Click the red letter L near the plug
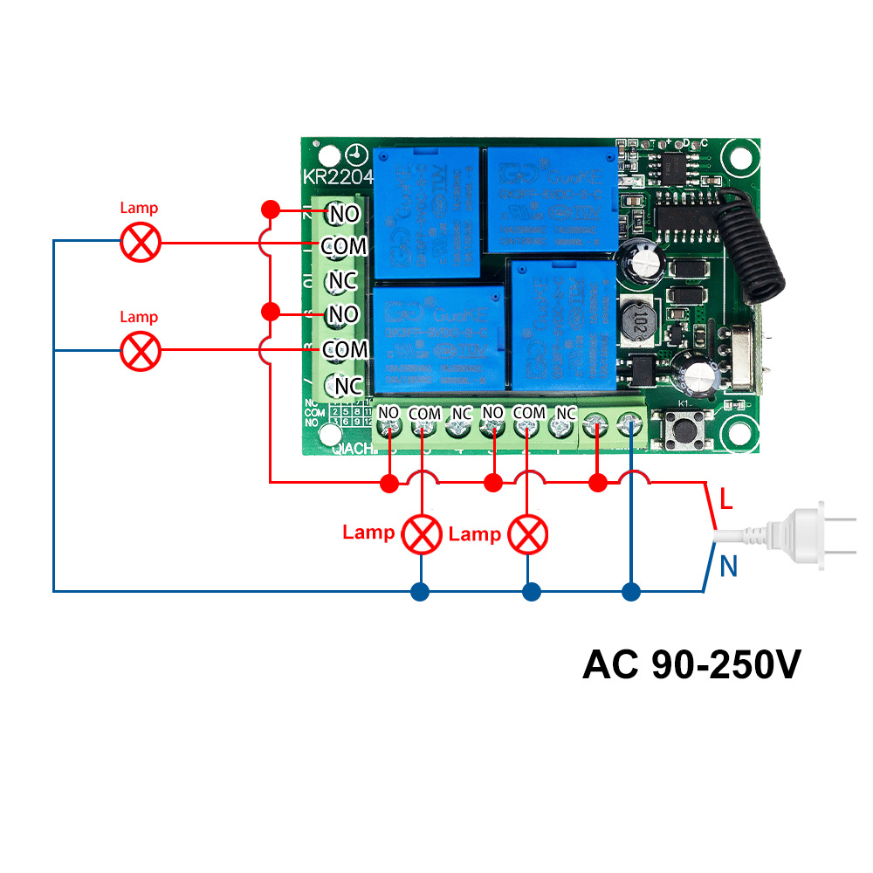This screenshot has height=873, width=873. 726,500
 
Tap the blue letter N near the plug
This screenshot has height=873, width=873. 729,567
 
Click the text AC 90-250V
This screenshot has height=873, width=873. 691,665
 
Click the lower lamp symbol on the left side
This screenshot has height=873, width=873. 140,350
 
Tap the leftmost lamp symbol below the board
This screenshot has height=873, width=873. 423,533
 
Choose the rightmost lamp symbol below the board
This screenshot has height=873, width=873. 528,533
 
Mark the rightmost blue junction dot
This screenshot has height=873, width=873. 631,592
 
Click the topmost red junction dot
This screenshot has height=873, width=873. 271,210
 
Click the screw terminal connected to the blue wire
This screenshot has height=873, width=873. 629,427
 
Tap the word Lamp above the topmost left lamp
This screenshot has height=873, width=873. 140,209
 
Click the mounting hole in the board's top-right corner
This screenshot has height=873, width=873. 741,156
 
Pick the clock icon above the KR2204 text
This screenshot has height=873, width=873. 354,155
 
